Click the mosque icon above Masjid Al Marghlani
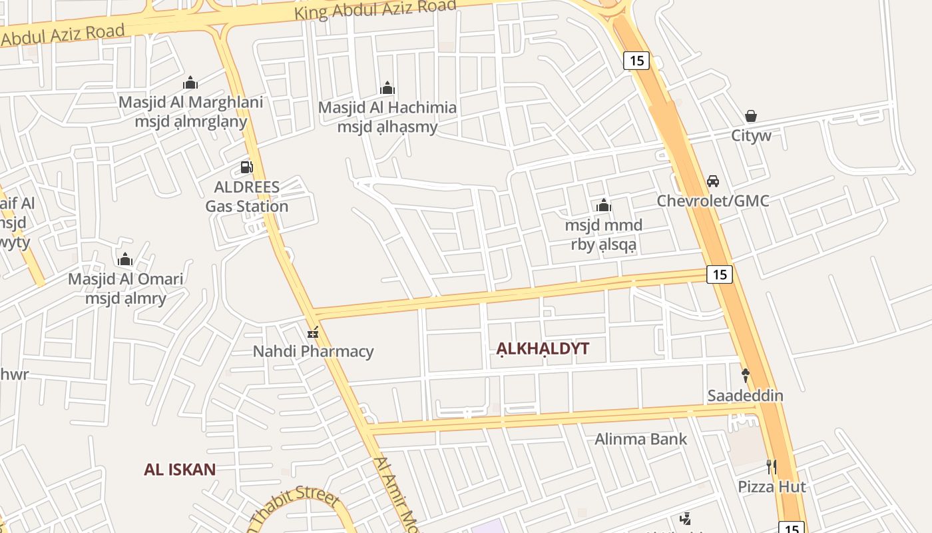[x=190, y=83]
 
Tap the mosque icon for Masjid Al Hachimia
[x=387, y=88]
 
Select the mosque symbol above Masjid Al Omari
[x=125, y=259]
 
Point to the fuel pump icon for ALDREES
[x=246, y=167]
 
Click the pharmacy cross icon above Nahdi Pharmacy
[x=313, y=332]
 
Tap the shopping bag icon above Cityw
[x=751, y=116]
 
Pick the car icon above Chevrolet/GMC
[x=713, y=181]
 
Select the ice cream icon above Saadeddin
[x=746, y=375]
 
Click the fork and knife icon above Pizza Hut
[x=772, y=466]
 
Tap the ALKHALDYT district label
[x=543, y=348]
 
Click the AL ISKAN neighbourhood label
[x=180, y=470]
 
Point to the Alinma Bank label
[x=640, y=439]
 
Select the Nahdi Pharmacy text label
[x=313, y=351]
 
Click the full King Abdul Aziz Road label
[x=375, y=9]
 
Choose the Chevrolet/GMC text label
[x=713, y=201]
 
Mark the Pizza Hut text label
[x=772, y=487]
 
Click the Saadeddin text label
[x=745, y=396]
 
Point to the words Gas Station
[x=246, y=207]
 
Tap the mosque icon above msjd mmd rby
[x=604, y=205]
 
